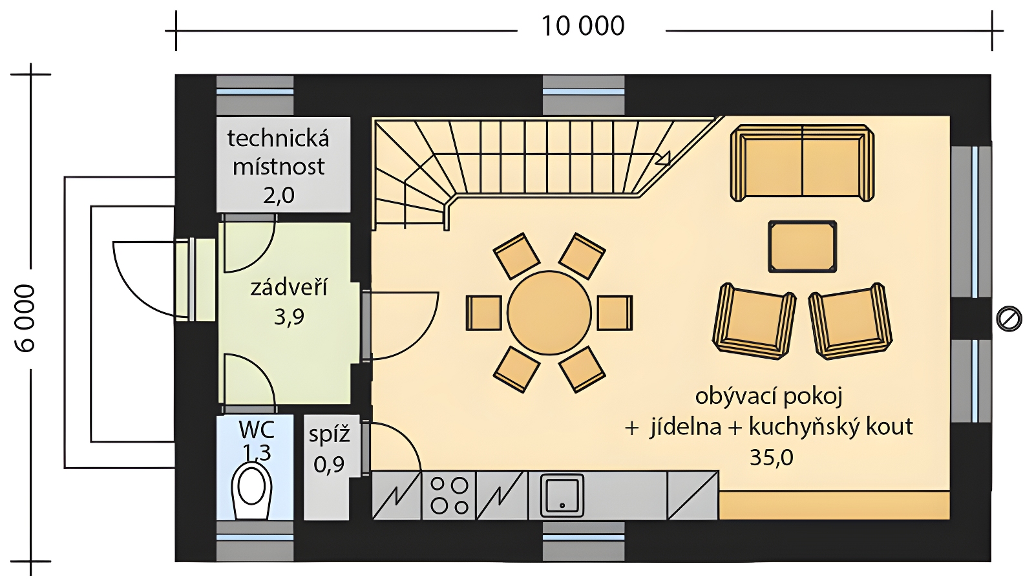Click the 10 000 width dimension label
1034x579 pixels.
click(582, 26)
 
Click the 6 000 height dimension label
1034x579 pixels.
click(25, 319)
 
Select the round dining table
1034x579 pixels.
click(549, 313)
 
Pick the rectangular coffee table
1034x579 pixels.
click(802, 247)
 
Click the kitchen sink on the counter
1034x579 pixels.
click(562, 496)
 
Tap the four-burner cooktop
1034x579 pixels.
click(448, 496)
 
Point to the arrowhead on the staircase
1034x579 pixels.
click(663, 158)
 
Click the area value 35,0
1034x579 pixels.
click(772, 458)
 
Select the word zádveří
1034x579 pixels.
click(289, 288)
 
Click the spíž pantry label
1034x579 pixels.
click(329, 435)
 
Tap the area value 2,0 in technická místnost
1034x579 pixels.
click(279, 196)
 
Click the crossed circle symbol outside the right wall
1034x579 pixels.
click(1009, 319)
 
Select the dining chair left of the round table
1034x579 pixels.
click(484, 313)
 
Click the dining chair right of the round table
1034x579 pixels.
click(615, 313)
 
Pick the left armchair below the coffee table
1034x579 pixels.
click(754, 321)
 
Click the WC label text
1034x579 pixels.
click(257, 430)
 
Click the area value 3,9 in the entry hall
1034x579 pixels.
click(289, 317)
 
